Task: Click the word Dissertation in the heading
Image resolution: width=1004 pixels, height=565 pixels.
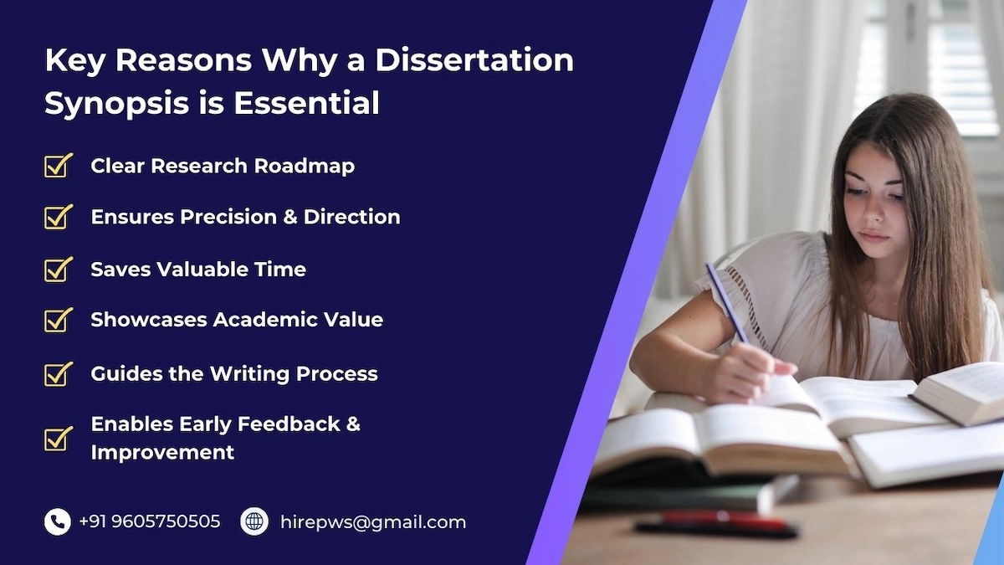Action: tap(474, 60)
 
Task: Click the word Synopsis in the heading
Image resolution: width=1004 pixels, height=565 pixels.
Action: tap(116, 104)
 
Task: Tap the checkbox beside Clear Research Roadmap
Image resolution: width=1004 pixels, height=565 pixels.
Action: tap(59, 166)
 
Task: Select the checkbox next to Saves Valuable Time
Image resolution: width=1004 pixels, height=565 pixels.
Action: tap(59, 269)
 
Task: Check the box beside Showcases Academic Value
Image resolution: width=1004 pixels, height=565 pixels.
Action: tap(59, 320)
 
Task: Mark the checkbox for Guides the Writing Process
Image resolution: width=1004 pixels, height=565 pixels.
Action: tap(59, 374)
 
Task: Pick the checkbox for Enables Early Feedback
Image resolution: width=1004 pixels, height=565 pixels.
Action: tap(59, 438)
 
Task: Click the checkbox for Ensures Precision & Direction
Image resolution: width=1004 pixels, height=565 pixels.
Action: tap(59, 217)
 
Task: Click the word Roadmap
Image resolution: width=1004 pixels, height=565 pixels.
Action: tap(305, 167)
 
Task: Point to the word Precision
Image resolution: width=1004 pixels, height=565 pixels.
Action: tap(228, 217)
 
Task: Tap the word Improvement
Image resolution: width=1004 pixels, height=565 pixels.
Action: tap(162, 453)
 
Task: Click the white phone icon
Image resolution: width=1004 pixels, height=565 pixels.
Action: tap(58, 521)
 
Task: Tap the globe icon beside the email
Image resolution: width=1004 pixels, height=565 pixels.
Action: tap(254, 521)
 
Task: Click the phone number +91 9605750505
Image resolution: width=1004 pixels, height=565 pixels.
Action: tap(149, 521)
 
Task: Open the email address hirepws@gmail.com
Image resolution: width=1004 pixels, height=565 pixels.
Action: tap(373, 522)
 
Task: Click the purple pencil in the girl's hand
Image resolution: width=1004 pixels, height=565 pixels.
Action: tap(727, 302)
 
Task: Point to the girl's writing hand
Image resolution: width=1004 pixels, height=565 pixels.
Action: tap(746, 372)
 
